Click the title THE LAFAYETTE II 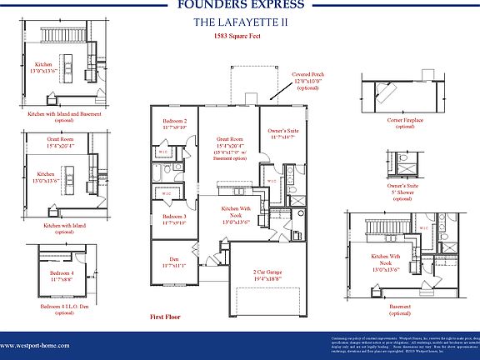(x=239, y=23)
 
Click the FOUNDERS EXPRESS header (x=240, y=6)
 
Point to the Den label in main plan (x=174, y=261)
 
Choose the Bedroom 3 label (x=174, y=220)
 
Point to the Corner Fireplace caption (x=404, y=122)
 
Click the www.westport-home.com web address (x=35, y=345)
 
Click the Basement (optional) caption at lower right (x=401, y=310)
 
